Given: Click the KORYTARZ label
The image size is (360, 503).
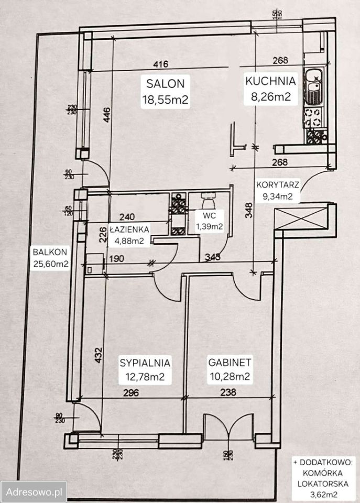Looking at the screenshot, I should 277,185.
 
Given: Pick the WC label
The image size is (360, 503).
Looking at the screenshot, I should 209,215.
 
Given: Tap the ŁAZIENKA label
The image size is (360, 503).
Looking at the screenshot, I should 129,229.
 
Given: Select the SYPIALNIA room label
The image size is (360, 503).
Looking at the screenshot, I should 145,362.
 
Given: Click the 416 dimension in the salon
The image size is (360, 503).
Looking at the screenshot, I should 160,64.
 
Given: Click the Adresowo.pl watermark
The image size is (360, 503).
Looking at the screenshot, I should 33,492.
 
